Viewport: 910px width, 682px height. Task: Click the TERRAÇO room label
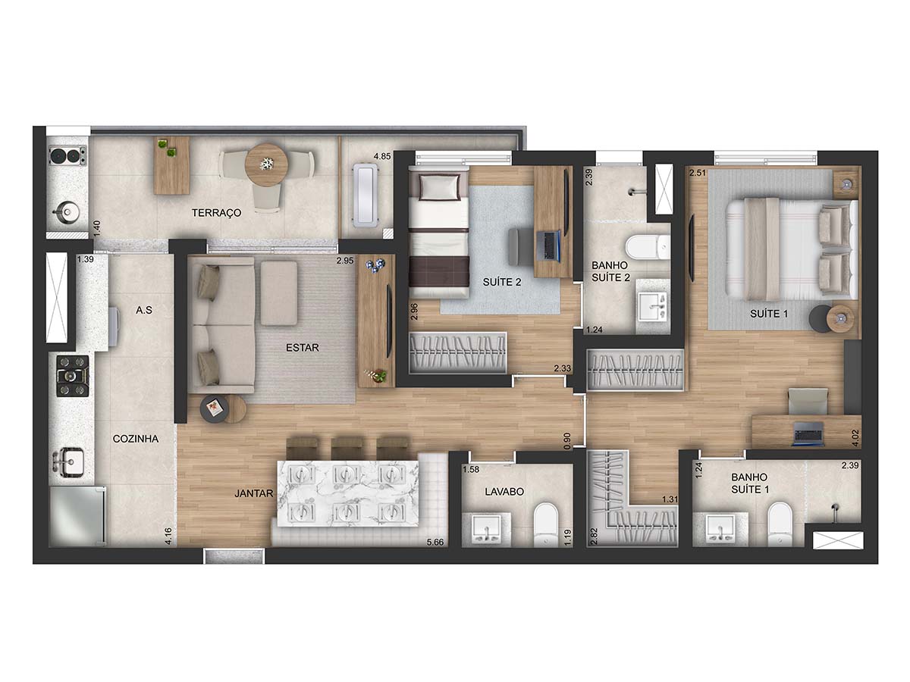[x=216, y=212]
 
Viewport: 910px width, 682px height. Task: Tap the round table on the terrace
[x=267, y=164]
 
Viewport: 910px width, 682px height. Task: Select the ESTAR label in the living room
[x=303, y=347]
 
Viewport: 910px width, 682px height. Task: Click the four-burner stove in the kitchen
[x=73, y=376]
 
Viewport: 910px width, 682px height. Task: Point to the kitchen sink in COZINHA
[x=70, y=461]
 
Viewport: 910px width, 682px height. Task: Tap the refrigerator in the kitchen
[x=77, y=515]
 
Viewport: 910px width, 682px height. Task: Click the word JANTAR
[x=254, y=493]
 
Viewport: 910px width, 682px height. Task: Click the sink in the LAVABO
[x=486, y=530]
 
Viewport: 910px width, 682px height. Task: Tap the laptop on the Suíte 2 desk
[x=548, y=245]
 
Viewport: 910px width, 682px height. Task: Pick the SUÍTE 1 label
[x=769, y=314]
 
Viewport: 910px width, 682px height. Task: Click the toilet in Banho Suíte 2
[x=648, y=246]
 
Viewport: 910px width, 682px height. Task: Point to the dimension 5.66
[x=435, y=542]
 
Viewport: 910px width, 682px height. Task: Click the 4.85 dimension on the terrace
[x=382, y=157]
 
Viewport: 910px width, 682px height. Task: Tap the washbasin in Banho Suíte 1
[x=720, y=528]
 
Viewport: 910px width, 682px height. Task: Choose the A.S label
[x=144, y=310]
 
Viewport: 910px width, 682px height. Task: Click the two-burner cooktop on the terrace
[x=68, y=156]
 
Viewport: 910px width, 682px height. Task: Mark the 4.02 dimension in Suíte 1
[x=855, y=438]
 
